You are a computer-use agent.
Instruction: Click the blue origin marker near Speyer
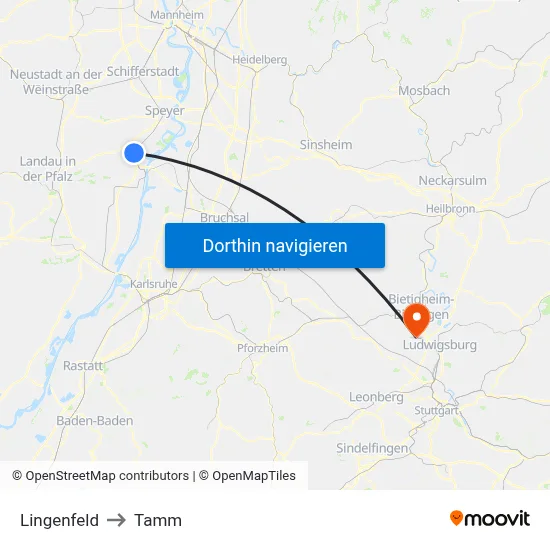tap(134, 152)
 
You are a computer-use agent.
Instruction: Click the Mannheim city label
tap(176, 16)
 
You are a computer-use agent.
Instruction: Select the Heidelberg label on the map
tap(259, 60)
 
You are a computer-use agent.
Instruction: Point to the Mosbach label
tap(424, 90)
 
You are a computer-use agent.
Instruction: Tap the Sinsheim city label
tap(326, 145)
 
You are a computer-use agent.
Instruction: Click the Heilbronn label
tap(450, 209)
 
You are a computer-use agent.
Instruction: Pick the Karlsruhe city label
tap(154, 284)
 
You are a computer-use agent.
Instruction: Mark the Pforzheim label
tap(263, 348)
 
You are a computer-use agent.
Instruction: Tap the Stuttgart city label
tap(436, 411)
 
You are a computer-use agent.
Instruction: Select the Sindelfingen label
tap(372, 448)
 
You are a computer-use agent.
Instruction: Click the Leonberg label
tap(376, 397)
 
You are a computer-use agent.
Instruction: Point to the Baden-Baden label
tap(95, 421)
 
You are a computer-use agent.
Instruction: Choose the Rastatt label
tap(83, 366)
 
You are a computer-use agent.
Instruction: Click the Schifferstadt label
tap(143, 72)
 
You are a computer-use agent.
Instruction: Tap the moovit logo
tap(490, 518)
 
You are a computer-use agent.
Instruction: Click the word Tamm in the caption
tap(158, 520)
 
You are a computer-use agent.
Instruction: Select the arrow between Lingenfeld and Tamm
tap(117, 520)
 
